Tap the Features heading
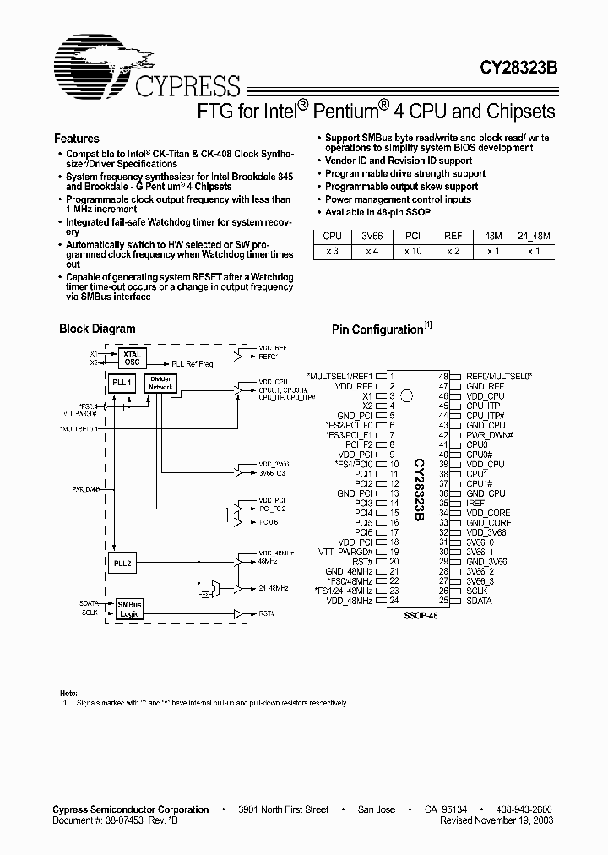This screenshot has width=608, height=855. (77, 139)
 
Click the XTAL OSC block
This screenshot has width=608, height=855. (133, 358)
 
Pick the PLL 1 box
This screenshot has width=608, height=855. (122, 383)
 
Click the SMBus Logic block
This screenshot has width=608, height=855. (129, 610)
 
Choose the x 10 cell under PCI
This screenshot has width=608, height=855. (413, 251)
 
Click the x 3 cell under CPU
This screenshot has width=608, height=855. (332, 251)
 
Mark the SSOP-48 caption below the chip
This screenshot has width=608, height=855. (420, 618)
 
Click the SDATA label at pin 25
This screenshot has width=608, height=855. (480, 600)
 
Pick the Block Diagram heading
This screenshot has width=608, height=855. (97, 329)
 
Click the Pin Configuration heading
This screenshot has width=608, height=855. (377, 329)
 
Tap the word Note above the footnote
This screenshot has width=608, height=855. (68, 692)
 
